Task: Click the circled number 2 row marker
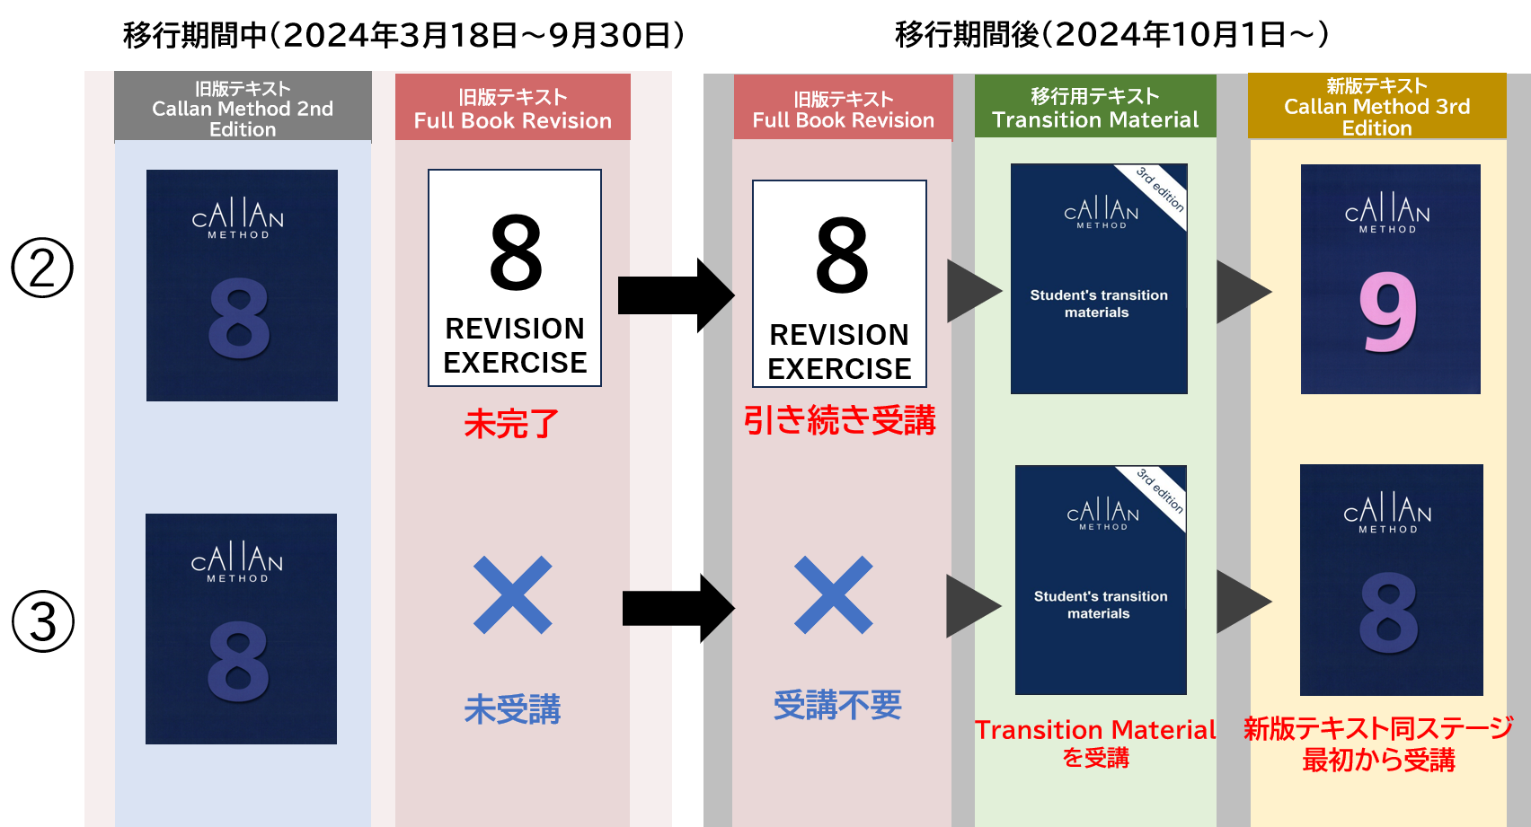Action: (x=42, y=268)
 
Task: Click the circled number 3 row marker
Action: (x=43, y=621)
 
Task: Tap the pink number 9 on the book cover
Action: (x=1388, y=312)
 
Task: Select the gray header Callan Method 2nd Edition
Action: (x=243, y=108)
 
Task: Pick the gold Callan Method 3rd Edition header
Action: (x=1376, y=107)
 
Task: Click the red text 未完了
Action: (x=512, y=423)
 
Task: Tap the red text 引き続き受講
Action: (x=840, y=420)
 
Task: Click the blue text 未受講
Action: (x=512, y=709)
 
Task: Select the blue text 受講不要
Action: (x=837, y=705)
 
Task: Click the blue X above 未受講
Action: (x=513, y=595)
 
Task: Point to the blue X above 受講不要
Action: (x=834, y=595)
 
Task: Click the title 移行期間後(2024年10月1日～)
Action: (x=1111, y=34)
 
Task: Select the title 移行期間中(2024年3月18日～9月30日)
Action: (x=404, y=35)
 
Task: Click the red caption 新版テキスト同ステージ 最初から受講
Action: (x=1378, y=743)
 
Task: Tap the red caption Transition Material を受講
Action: (x=1095, y=743)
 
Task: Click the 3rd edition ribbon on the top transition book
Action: (x=1160, y=189)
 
